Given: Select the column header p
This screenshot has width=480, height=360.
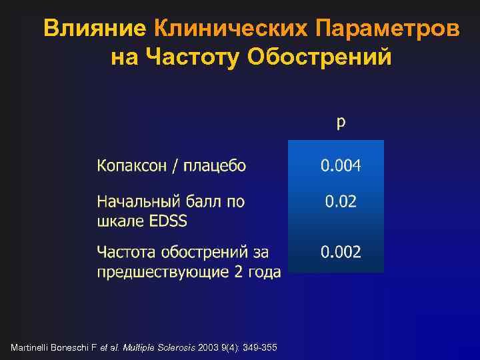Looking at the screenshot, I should (x=341, y=122).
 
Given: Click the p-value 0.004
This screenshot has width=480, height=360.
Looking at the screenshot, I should (x=341, y=165).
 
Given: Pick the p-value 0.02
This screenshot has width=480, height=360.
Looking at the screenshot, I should (x=341, y=201).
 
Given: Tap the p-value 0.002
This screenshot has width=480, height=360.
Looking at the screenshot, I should (x=341, y=252).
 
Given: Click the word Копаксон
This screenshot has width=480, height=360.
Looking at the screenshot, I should (x=133, y=165).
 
